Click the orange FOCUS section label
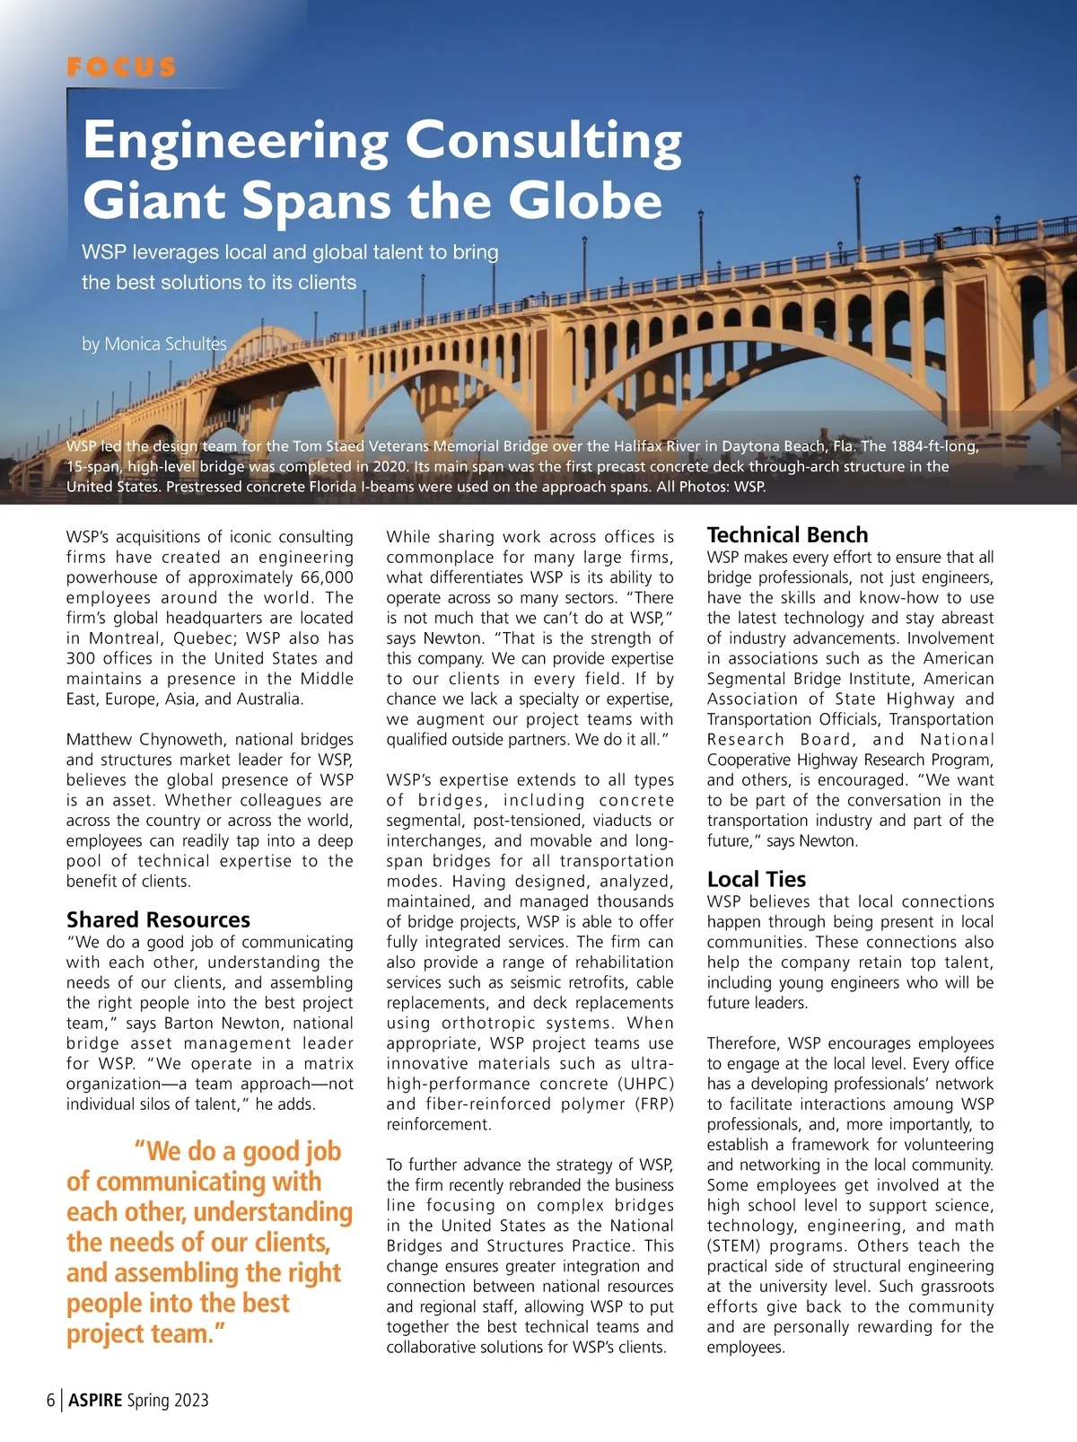pos(121,67)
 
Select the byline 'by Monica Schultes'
pos(153,344)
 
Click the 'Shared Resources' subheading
pos(158,919)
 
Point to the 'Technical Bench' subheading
pos(787,535)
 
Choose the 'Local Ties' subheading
pos(756,879)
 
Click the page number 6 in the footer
pos(51,1400)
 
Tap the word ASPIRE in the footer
pos(95,1400)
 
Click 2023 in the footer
pos(191,1400)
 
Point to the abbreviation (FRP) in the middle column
pos(649,1104)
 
